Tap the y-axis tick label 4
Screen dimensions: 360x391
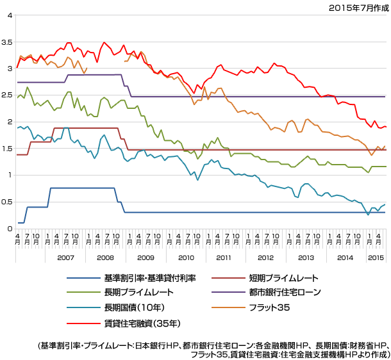click(x=9, y=15)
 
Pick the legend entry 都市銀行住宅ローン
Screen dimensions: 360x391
click(x=285, y=292)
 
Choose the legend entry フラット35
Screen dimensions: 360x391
click(x=270, y=307)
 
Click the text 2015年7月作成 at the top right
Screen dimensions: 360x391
click(x=358, y=7)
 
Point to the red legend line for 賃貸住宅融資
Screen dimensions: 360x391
click(x=82, y=322)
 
